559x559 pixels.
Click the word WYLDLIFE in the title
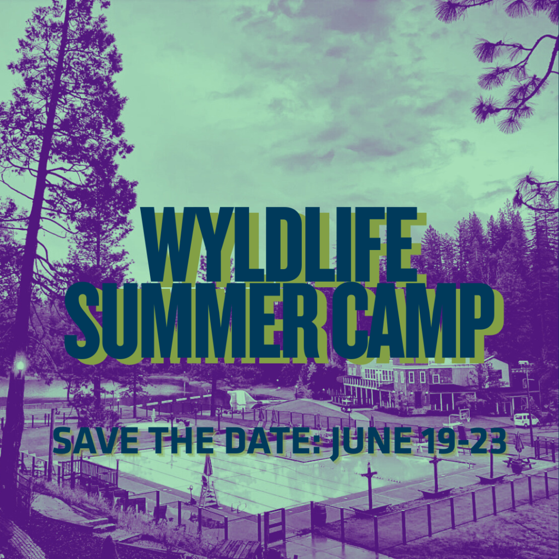pyautogui.click(x=279, y=245)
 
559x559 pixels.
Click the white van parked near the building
pyautogui.click(x=526, y=420)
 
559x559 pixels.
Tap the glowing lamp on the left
pyautogui.click(x=20, y=365)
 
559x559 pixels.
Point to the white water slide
pyautogui.click(x=241, y=399)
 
